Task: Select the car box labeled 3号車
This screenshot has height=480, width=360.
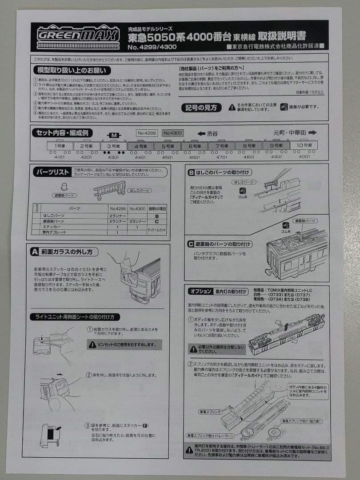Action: tap(114, 145)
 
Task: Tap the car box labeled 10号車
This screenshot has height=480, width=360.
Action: tap(304, 145)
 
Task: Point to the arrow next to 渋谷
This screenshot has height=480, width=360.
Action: tap(200, 133)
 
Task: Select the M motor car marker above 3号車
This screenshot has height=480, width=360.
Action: tap(114, 135)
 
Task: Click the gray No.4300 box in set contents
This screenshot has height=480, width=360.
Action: tap(173, 133)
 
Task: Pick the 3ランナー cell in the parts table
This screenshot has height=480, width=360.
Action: tap(137, 221)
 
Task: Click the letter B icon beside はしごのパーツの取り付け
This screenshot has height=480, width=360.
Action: tap(191, 172)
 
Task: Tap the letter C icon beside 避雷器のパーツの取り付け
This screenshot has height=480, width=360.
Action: tap(191, 244)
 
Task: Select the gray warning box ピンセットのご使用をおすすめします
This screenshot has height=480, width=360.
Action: tap(124, 344)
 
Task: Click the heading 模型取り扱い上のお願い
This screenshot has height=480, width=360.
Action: tap(72, 70)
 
